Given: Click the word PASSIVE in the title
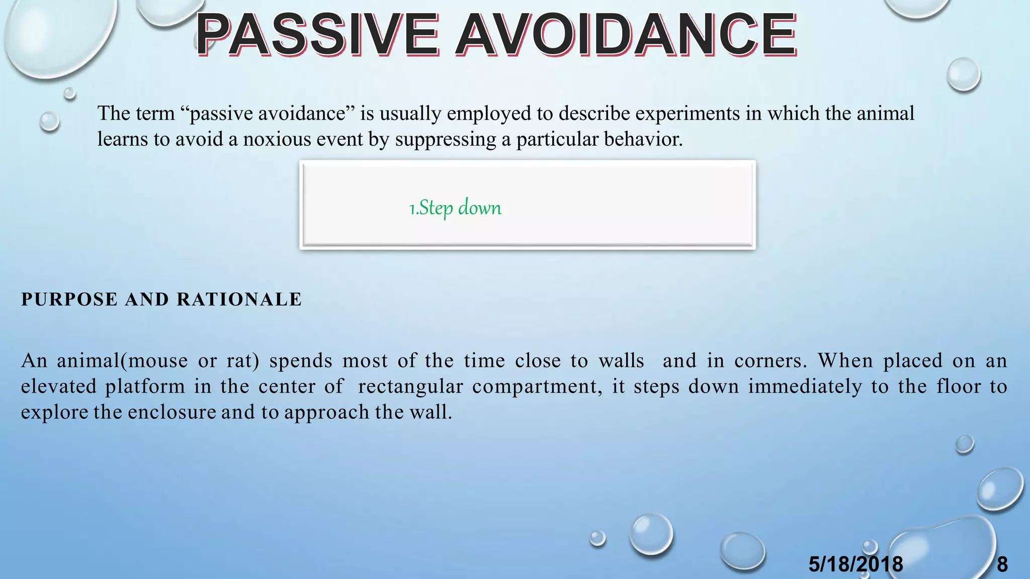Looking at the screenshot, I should tap(317, 35).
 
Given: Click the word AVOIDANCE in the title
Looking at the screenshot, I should tap(626, 35).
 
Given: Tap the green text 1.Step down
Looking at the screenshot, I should tap(455, 208).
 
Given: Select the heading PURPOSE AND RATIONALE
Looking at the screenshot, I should tap(161, 300).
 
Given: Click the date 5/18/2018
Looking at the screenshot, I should tap(855, 564).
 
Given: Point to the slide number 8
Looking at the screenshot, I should tap(1002, 564).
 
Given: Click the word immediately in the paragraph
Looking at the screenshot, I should tap(805, 387).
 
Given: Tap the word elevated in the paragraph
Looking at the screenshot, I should tap(58, 387).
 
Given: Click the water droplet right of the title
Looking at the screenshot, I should tap(963, 74).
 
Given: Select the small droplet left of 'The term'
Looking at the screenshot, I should tap(49, 121).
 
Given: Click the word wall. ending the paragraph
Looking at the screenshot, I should tap(431, 412).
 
